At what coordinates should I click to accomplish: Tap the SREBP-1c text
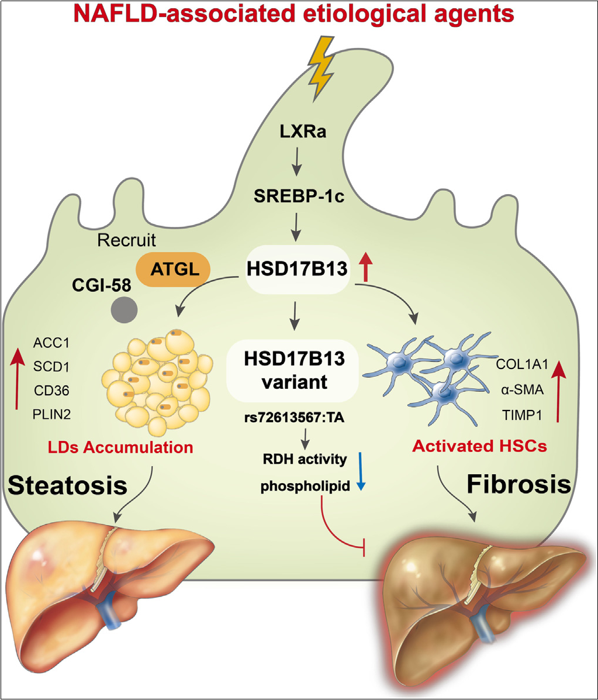[x=299, y=197]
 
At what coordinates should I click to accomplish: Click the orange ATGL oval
[x=173, y=270]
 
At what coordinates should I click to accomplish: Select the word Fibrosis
[x=519, y=484]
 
